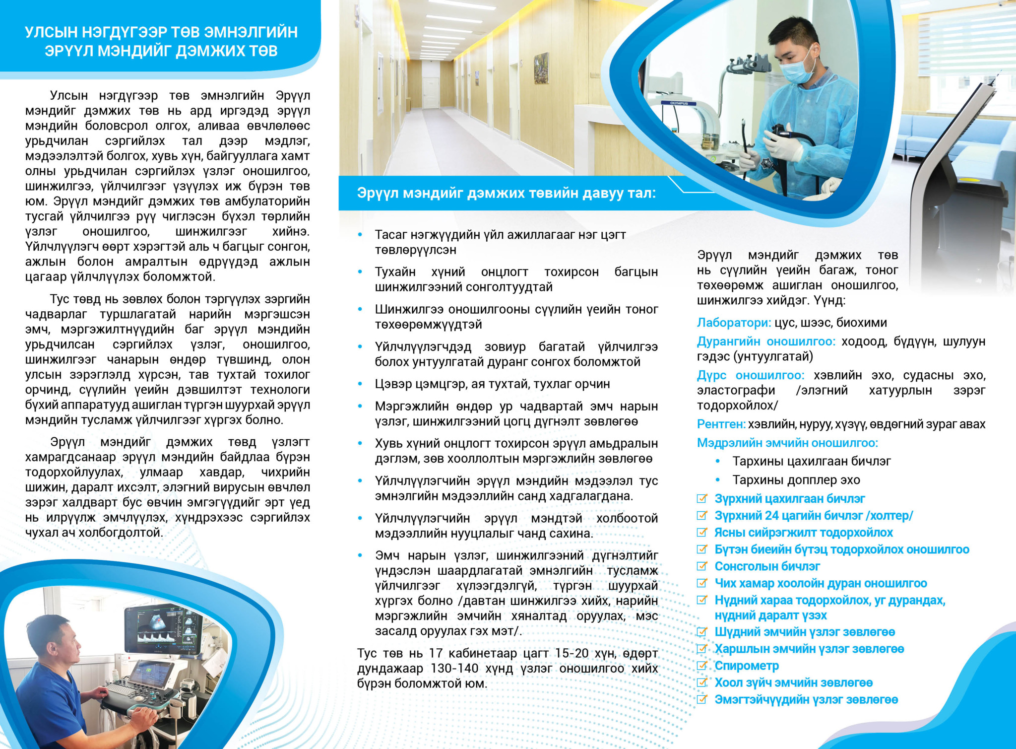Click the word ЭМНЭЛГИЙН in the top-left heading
point(251,32)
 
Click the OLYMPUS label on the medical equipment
point(679,103)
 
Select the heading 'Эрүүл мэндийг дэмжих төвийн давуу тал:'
point(506,193)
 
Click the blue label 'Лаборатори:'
point(734,323)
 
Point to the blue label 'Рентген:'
point(721,424)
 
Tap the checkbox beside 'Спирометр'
point(701,665)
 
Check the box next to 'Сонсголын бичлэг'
point(701,566)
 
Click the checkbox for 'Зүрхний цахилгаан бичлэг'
point(701,498)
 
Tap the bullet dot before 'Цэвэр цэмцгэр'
point(360,384)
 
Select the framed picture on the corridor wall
point(541,68)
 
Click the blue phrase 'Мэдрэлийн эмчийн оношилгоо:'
point(787,443)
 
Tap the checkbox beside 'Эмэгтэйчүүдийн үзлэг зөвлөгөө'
point(701,699)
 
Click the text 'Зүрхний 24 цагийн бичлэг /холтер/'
point(814,516)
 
